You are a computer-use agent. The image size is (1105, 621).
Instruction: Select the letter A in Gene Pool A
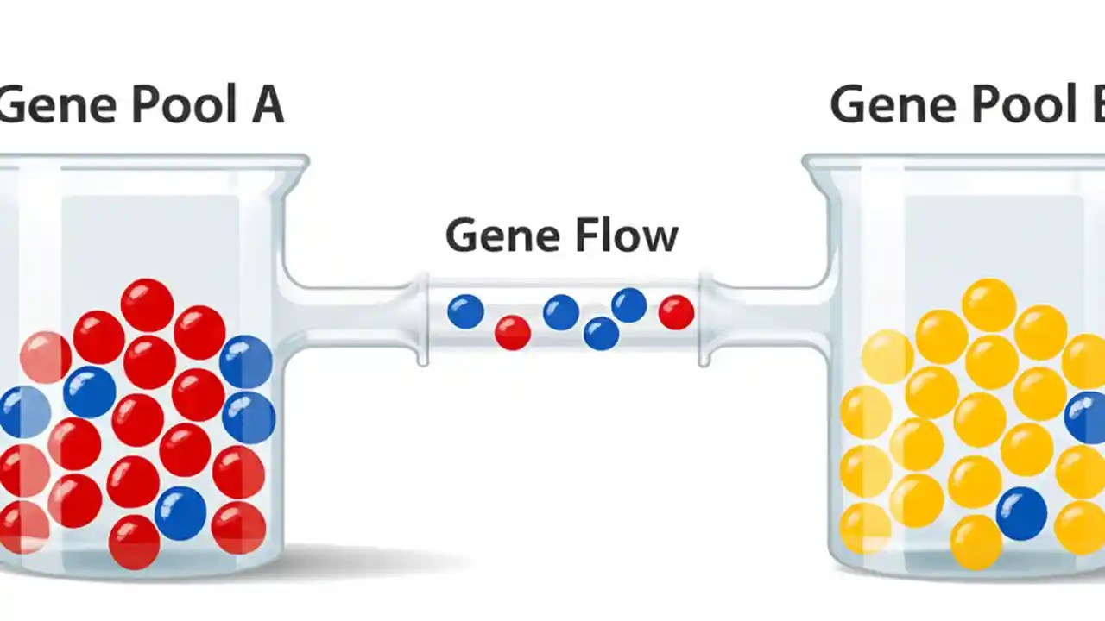click(268, 104)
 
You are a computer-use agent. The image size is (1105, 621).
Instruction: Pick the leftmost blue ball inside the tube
click(465, 311)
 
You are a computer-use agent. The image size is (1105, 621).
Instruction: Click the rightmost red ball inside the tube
click(676, 312)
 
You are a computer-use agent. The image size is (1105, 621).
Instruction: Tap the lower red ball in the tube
click(513, 332)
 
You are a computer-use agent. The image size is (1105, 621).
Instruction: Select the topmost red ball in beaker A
click(147, 304)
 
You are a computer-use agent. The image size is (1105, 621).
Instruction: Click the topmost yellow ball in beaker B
click(988, 304)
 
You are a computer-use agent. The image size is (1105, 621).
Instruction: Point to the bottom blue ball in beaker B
click(1021, 514)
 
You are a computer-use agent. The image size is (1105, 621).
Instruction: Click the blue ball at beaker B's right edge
click(1086, 417)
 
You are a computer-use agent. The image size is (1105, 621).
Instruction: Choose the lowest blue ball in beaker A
click(180, 513)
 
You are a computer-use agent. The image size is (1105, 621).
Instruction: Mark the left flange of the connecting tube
click(423, 319)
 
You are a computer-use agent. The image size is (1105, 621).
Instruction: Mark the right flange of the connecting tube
click(704, 319)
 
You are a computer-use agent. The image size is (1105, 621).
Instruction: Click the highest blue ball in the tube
click(629, 305)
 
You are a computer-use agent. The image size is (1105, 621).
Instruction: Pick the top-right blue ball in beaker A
click(246, 361)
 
